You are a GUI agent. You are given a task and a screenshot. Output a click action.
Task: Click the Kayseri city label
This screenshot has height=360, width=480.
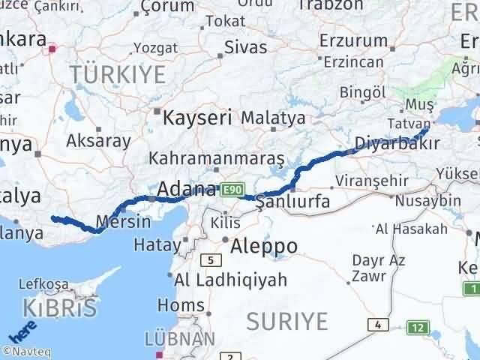click(197, 118)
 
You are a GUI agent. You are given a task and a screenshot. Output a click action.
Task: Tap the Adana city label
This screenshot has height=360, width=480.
click(186, 189)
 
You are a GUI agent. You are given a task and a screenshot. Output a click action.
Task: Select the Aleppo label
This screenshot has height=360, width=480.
click(264, 246)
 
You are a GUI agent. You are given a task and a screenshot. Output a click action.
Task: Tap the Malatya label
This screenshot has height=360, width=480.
click(273, 118)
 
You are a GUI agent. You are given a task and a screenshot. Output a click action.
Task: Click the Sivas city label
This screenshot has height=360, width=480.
click(246, 47)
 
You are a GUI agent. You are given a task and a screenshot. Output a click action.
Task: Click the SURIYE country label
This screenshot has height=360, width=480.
click(287, 322)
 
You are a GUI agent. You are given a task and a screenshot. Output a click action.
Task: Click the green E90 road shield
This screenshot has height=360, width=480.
click(231, 192)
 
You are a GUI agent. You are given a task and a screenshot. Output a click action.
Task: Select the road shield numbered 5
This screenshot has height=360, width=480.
click(212, 260)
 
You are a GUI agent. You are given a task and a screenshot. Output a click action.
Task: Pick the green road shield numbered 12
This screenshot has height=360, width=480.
click(417, 327)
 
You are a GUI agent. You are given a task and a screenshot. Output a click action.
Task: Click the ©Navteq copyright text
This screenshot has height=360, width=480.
click(27, 350)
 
